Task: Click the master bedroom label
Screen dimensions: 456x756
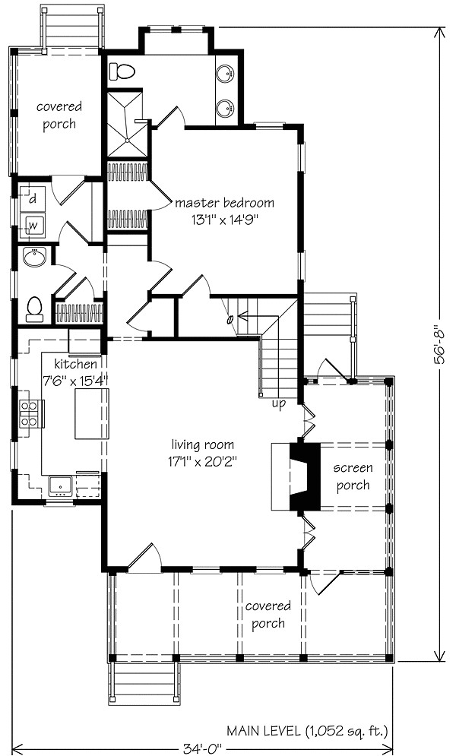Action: click(225, 203)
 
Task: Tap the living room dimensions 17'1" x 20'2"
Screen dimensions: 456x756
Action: click(202, 461)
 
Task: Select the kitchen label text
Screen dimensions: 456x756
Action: click(75, 363)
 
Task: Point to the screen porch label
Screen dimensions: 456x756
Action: click(353, 477)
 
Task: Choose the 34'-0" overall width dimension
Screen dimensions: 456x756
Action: click(202, 748)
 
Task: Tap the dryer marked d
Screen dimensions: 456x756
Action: click(33, 198)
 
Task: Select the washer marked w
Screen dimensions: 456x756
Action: click(33, 225)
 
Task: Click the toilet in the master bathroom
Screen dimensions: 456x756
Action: click(122, 72)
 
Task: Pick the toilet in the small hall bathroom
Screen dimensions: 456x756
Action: click(33, 309)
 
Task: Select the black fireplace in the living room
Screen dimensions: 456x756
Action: click(305, 476)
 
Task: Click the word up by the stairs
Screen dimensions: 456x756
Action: click(279, 403)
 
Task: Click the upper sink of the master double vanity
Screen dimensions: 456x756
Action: click(226, 74)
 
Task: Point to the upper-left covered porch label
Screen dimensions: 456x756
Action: click(59, 115)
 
